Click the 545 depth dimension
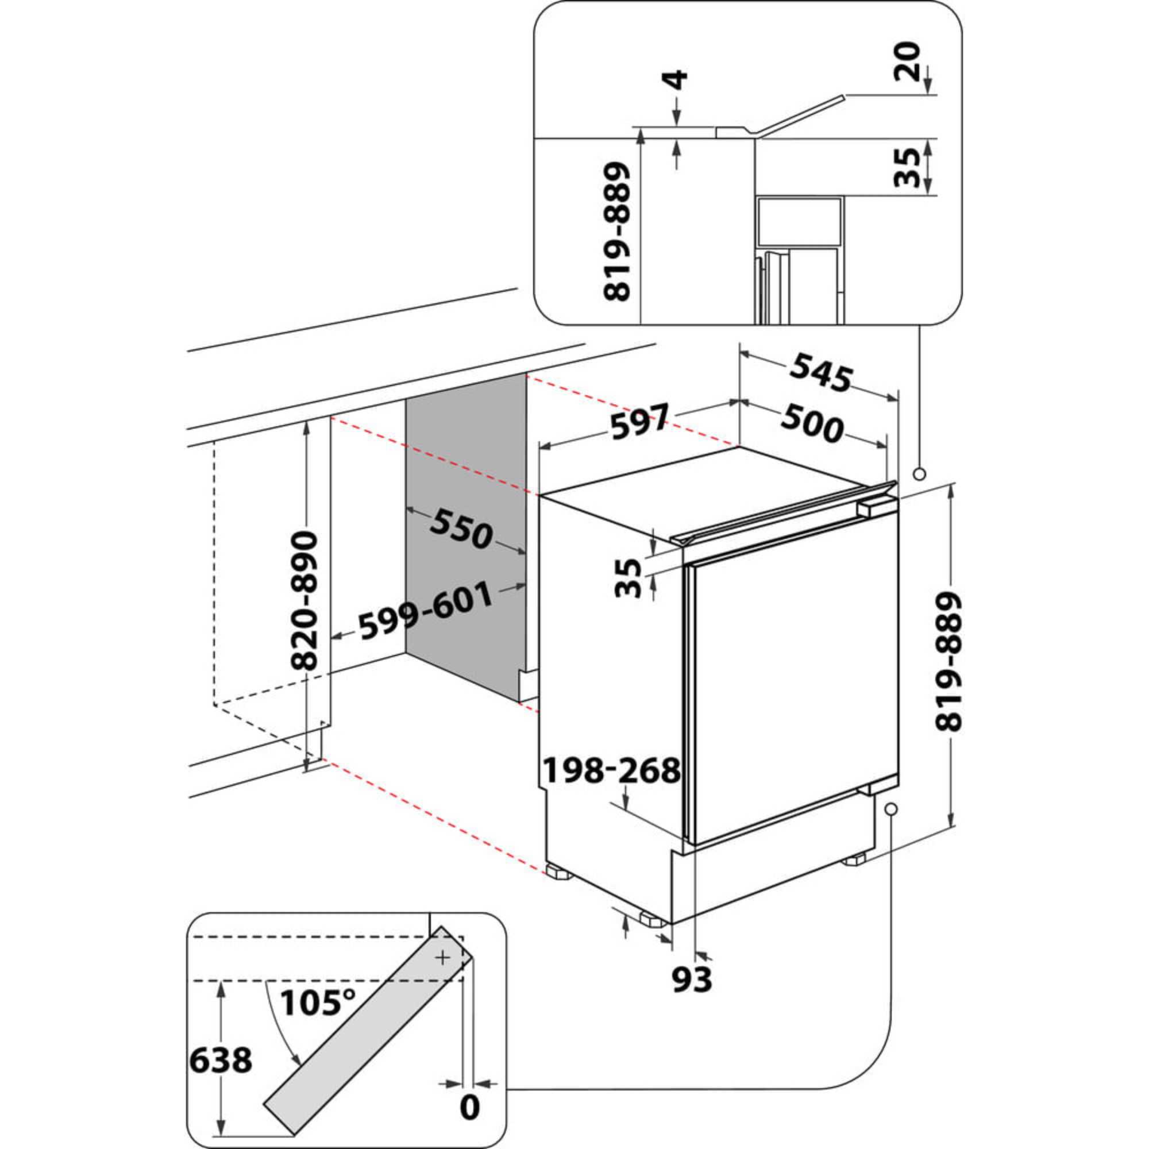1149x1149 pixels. (821, 373)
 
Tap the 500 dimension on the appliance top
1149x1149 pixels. (812, 424)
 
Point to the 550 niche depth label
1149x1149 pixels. (461, 528)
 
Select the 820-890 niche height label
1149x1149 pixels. (307, 602)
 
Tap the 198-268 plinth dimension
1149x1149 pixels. (612, 771)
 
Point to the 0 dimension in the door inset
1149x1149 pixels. (470, 1108)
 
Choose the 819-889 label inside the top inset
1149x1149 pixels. (616, 233)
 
